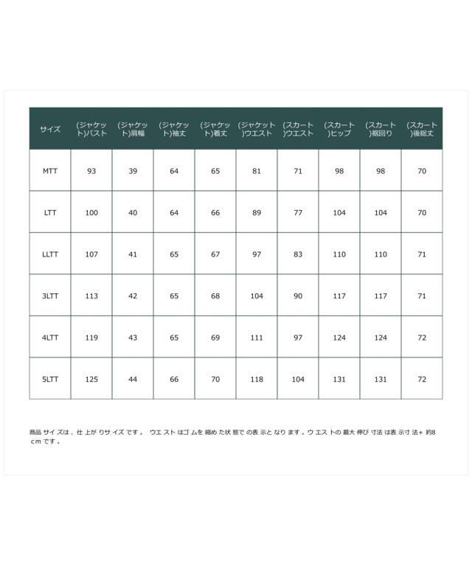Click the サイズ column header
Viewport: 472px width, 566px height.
click(x=50, y=129)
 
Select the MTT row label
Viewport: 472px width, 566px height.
click(x=50, y=171)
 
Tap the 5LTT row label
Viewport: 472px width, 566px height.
click(x=50, y=379)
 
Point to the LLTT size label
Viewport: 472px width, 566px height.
click(x=50, y=254)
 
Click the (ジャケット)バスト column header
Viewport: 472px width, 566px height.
click(x=91, y=129)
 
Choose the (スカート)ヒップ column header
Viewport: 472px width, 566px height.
click(x=339, y=129)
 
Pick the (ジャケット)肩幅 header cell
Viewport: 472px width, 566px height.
click(x=133, y=129)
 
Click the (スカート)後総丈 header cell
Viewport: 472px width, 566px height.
click(x=422, y=129)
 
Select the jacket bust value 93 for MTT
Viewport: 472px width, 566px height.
click(x=91, y=171)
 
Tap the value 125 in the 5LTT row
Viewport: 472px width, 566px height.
click(x=91, y=379)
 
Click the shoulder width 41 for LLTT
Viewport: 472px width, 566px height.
click(x=133, y=254)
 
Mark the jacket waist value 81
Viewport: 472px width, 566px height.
click(x=257, y=171)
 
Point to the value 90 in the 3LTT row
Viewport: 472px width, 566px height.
click(x=298, y=296)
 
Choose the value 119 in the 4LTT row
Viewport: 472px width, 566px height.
click(x=91, y=338)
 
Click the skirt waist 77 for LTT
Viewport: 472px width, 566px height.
click(x=298, y=212)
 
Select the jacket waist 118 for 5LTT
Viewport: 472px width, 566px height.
click(x=257, y=379)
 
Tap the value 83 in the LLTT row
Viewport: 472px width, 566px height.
click(x=298, y=254)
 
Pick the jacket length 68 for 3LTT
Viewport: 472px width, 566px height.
click(x=215, y=296)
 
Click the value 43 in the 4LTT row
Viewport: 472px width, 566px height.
click(x=133, y=338)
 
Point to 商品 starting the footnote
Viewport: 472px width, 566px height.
click(x=35, y=433)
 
